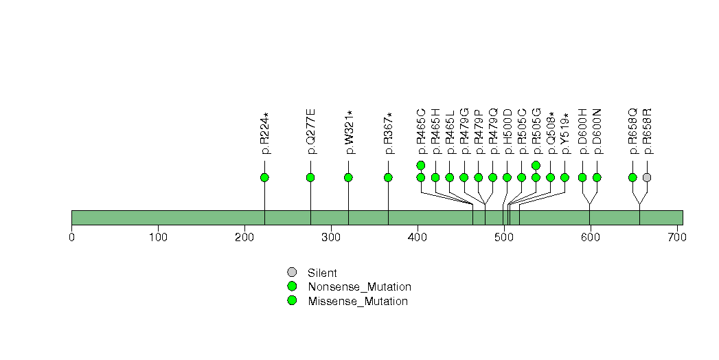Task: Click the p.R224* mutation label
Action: point(264,133)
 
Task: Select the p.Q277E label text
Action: point(311,131)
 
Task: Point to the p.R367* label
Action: point(389,133)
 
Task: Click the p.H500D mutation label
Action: point(507,131)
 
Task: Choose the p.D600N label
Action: point(597,131)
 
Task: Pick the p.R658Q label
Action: point(632,131)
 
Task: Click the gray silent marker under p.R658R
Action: point(647,177)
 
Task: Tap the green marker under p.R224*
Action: point(264,177)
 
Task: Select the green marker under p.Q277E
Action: point(310,177)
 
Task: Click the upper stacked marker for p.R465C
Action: point(421,165)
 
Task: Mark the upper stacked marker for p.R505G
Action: point(536,165)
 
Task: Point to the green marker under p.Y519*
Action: point(565,177)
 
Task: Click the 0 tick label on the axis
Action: point(71,238)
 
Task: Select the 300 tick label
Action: point(331,238)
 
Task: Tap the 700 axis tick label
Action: point(677,238)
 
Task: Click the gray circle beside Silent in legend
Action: point(292,272)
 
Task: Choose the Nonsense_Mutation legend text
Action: point(360,287)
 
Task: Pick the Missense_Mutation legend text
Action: point(358,302)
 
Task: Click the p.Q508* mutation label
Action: point(551,132)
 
